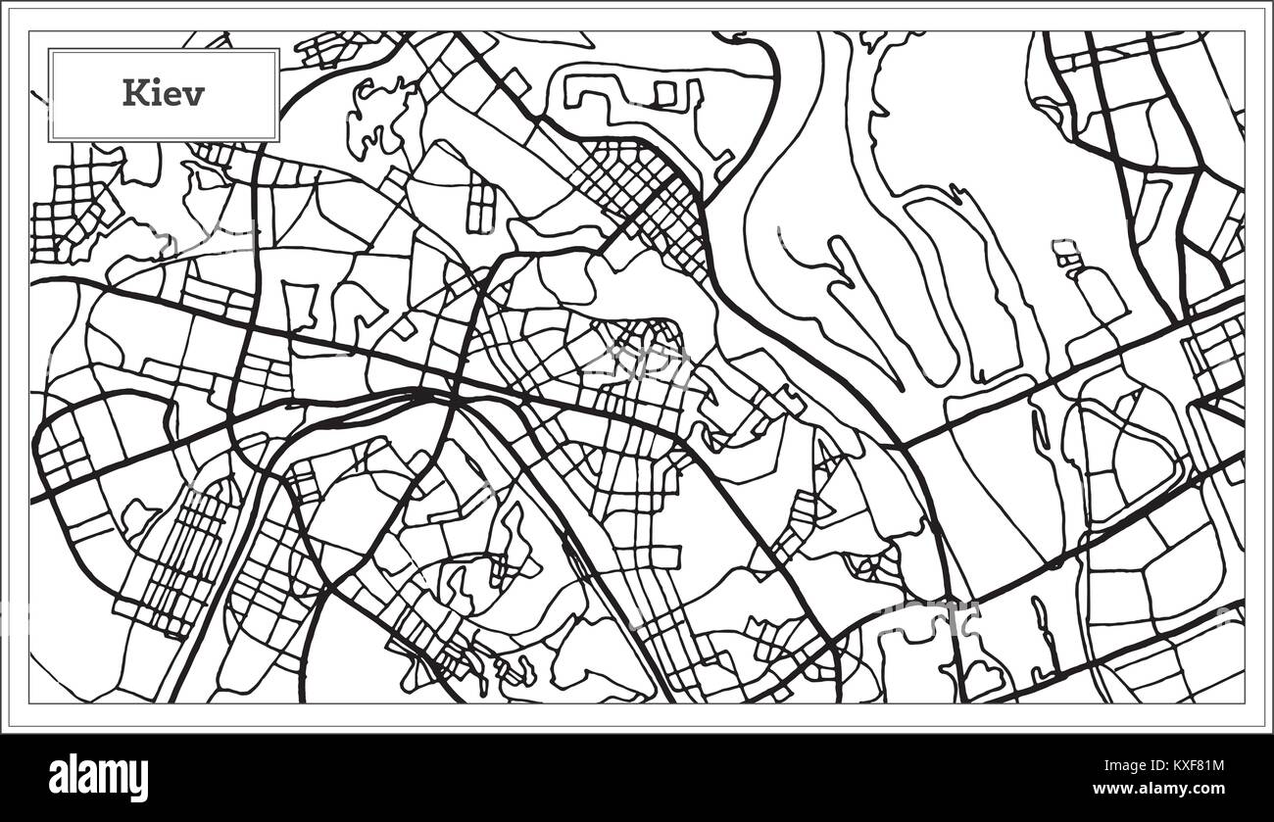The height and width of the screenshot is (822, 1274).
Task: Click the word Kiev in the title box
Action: coord(164,94)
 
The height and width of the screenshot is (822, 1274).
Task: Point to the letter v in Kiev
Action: coord(196,95)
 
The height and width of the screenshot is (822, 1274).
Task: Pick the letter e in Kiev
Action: coord(175,95)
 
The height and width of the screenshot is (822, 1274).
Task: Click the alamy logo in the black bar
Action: coord(98,778)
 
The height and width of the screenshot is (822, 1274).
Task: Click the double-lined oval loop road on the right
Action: coord(1127,451)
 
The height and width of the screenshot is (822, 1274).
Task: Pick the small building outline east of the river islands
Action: coord(1066,254)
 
